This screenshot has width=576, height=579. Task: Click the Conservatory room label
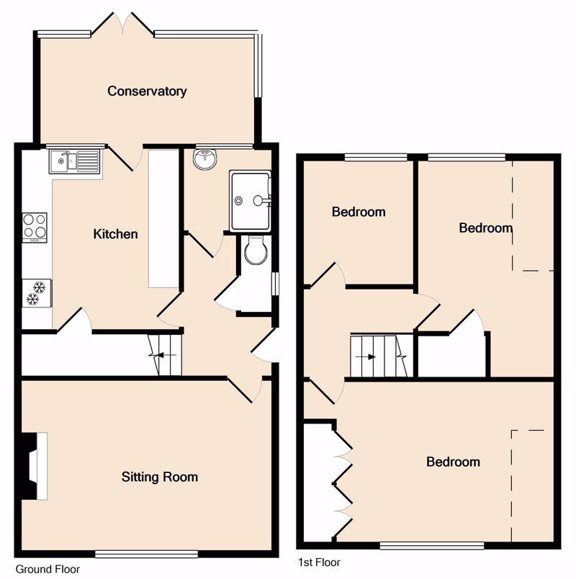click(147, 91)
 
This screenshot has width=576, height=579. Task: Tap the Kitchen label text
click(116, 234)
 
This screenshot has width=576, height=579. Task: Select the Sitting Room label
click(160, 477)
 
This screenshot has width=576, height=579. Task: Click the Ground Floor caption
click(48, 569)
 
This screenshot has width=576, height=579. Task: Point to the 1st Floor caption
click(319, 562)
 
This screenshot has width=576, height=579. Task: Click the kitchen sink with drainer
click(75, 161)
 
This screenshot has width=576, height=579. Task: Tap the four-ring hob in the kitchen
click(35, 228)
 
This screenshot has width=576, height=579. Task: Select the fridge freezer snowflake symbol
click(36, 293)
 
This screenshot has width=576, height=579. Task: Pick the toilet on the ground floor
click(256, 250)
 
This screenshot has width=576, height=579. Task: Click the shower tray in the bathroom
click(250, 201)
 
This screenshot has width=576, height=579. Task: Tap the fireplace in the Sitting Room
click(34, 467)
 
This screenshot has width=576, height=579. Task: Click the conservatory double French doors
click(122, 25)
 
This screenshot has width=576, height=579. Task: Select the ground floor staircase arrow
click(163, 355)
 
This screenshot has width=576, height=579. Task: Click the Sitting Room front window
click(147, 554)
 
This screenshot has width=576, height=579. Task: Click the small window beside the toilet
click(276, 284)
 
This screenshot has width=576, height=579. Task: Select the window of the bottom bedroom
click(432, 546)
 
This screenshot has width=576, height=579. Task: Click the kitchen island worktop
click(163, 219)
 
